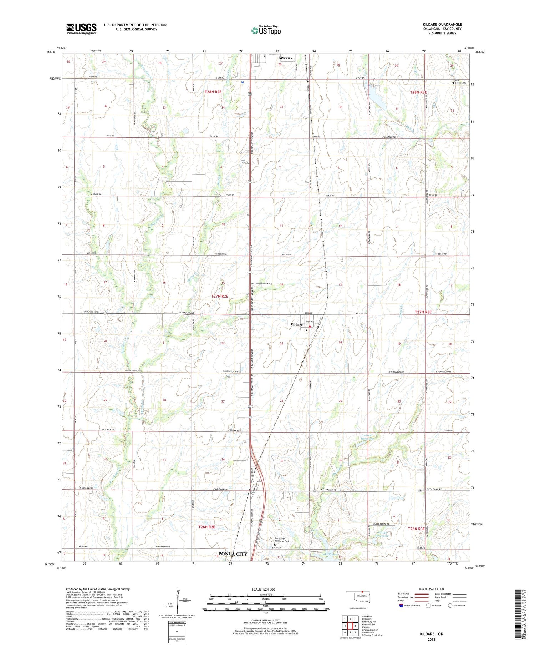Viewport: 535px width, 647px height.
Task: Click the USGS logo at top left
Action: click(x=81, y=29)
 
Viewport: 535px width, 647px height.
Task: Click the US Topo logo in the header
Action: click(x=266, y=31)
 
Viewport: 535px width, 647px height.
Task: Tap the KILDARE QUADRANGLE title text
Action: click(x=442, y=24)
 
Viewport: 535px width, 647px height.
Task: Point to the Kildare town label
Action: click(x=296, y=325)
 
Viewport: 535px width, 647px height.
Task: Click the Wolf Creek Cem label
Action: click(x=460, y=82)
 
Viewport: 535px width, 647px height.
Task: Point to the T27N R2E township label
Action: click(x=219, y=296)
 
